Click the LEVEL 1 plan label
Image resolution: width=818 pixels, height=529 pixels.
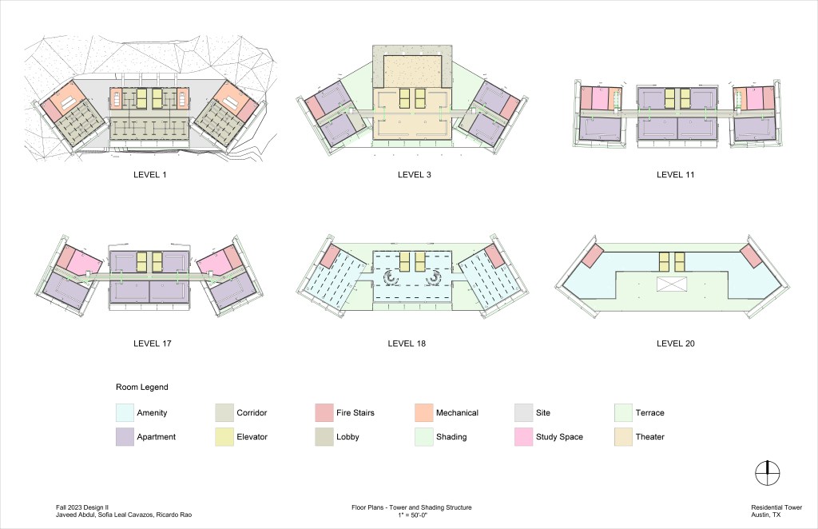click(149, 175)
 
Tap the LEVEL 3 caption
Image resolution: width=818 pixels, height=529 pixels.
click(415, 175)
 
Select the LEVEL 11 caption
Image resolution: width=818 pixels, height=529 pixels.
click(676, 175)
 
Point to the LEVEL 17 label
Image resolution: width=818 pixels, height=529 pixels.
click(153, 344)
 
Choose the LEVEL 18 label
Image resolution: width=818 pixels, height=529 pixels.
click(407, 344)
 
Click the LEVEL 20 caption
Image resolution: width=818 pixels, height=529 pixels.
click(676, 344)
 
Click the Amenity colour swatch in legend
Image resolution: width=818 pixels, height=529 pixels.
click(125, 412)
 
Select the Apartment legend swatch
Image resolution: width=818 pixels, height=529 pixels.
click(125, 436)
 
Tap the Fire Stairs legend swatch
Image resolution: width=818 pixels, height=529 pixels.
click(324, 412)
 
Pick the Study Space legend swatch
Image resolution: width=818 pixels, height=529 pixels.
click(523, 436)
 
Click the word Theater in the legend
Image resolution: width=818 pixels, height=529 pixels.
click(650, 436)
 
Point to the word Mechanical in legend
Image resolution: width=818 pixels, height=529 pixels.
click(457, 412)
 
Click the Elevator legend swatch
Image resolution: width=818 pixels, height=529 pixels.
click(224, 436)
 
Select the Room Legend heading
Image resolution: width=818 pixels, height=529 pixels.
click(142, 387)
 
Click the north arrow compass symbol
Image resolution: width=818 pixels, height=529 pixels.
click(768, 474)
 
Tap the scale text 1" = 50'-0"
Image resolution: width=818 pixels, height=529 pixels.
click(411, 515)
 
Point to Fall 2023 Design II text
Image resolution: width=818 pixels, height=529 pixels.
click(82, 507)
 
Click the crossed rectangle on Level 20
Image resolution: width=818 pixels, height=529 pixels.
click(671, 284)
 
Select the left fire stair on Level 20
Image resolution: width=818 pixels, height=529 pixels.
click(592, 257)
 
